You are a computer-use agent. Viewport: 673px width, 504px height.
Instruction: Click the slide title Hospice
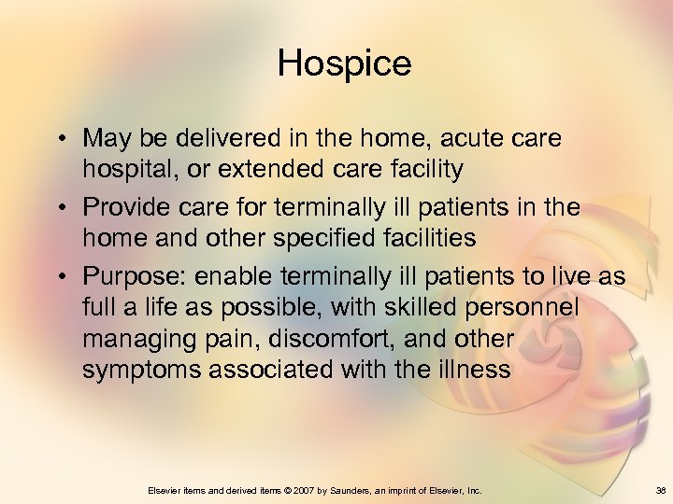tap(344, 64)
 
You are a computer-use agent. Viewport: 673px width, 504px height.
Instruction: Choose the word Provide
tap(126, 207)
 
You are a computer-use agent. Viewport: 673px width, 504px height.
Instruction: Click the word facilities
tap(430, 238)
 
